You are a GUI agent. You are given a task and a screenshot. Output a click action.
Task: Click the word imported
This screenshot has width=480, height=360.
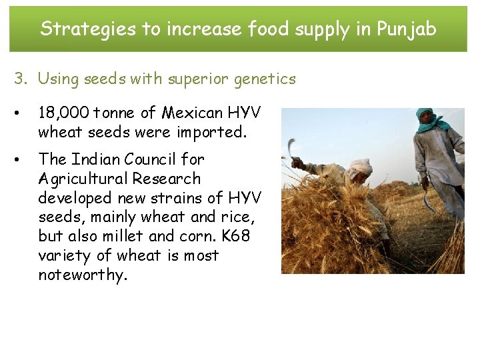(x=211, y=132)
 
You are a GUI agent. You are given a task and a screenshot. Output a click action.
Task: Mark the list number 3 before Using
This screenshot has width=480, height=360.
(x=21, y=79)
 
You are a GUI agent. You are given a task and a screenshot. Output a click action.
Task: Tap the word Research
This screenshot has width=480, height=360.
(x=166, y=179)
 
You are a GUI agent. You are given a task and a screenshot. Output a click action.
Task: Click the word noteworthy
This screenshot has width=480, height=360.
(x=81, y=275)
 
